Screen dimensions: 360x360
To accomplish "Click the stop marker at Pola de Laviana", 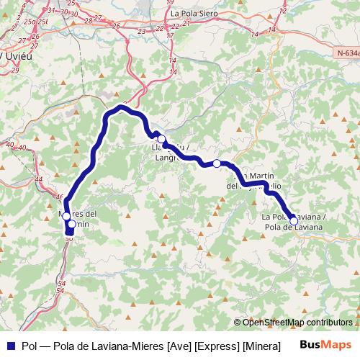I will click(293, 221).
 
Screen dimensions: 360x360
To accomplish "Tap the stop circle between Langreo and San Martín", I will click(217, 163).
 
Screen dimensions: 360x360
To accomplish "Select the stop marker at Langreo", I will click(162, 139).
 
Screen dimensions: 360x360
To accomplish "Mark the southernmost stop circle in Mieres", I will click(71, 225).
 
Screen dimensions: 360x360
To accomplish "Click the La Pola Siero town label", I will click(194, 13).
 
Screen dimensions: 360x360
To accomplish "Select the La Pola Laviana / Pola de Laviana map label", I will click(293, 222).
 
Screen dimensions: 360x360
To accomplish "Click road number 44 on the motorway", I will click(38, 179).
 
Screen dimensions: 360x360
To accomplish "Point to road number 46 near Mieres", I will click(59, 196).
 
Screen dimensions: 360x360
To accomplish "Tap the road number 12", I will click(281, 11).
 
